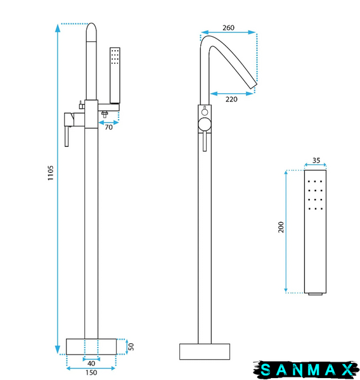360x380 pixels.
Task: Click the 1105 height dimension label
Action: coord(51,173)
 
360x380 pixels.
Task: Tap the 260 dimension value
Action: coord(229,28)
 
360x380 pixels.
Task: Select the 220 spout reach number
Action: coord(231,99)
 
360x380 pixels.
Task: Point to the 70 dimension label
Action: coord(108,127)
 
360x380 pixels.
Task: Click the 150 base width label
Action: coord(91,372)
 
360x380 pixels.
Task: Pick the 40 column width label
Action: coord(91,364)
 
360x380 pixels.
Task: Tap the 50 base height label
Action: coord(131,346)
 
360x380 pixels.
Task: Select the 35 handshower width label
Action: coord(316,160)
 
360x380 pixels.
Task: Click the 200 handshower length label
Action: coord(281,227)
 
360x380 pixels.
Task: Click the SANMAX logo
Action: coord(306,370)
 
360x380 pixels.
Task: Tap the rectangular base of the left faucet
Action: coord(91,346)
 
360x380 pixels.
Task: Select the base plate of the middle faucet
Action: coord(205,351)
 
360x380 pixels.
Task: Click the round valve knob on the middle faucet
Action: coord(205,125)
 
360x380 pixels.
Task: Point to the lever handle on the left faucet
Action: coord(67,136)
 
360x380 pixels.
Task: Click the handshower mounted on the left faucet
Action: coord(115,75)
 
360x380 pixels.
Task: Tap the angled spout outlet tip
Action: coord(254,85)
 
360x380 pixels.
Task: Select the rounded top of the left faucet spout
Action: coord(91,32)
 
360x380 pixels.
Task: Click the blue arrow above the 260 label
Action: coord(229,32)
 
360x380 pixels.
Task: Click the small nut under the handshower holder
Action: coord(105,114)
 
